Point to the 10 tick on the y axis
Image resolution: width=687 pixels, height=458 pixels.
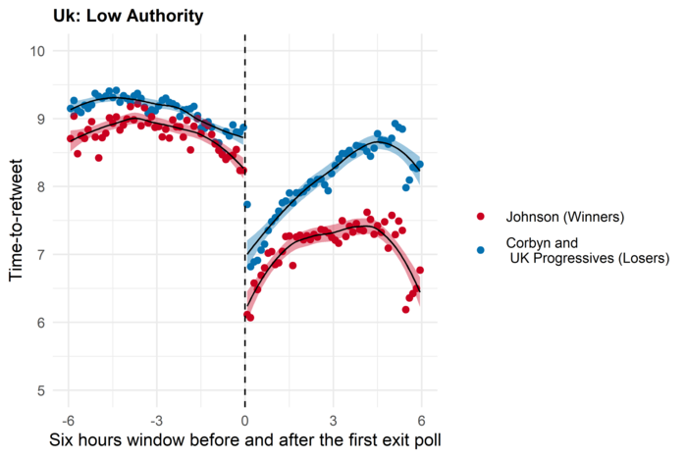click(45, 50)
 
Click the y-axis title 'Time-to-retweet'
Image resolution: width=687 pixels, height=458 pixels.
click(17, 221)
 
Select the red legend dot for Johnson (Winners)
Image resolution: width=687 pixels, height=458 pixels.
click(480, 216)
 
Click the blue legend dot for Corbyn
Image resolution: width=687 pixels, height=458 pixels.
click(480, 250)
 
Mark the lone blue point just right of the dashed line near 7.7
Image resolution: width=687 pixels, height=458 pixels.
click(247, 205)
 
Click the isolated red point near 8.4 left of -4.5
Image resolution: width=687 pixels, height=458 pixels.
click(98, 157)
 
